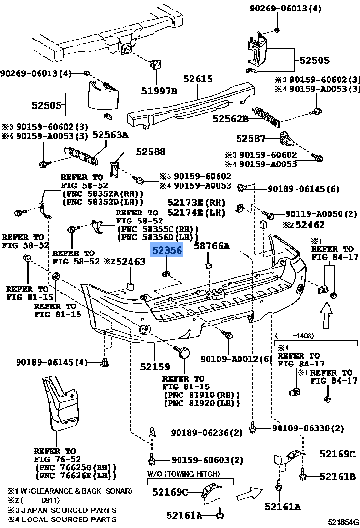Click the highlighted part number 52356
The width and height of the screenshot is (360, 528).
coord(166,250)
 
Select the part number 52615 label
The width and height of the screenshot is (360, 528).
coord(198,79)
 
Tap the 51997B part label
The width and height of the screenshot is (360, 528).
coord(159,91)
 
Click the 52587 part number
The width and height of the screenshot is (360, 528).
coord(250,139)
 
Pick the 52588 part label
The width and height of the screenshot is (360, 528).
coord(150,152)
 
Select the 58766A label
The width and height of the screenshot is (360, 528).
coord(211,246)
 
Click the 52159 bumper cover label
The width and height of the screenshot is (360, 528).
coord(155,367)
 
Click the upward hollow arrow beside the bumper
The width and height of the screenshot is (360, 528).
coord(326,316)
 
